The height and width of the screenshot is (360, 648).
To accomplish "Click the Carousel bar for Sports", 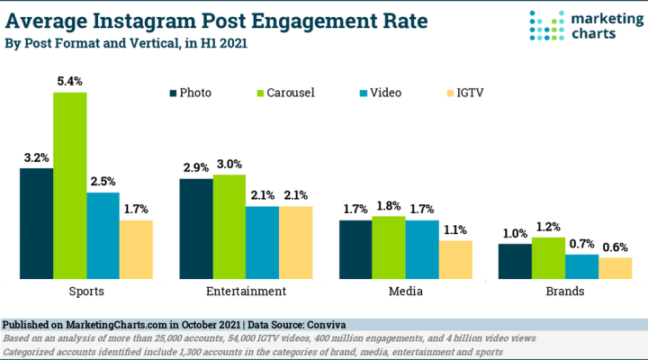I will click(70, 185).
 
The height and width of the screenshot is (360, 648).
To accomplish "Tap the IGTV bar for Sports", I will click(136, 249).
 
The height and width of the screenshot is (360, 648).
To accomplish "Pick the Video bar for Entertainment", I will click(262, 242).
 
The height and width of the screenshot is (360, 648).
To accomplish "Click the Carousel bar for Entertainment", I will click(229, 227).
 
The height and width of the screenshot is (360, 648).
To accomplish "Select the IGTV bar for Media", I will click(454, 259).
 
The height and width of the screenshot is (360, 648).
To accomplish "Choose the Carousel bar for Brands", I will click(548, 257).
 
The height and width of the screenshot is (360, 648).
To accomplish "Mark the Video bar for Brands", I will click(581, 266).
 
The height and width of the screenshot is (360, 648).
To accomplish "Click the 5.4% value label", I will click(69, 82).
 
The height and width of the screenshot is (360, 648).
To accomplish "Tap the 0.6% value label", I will click(616, 247).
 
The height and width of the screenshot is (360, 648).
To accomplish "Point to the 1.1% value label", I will click(455, 230).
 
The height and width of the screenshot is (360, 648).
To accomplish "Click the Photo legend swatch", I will click(174, 92).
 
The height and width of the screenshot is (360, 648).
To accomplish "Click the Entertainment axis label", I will click(245, 292).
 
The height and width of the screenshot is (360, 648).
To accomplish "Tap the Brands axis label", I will click(564, 292).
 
